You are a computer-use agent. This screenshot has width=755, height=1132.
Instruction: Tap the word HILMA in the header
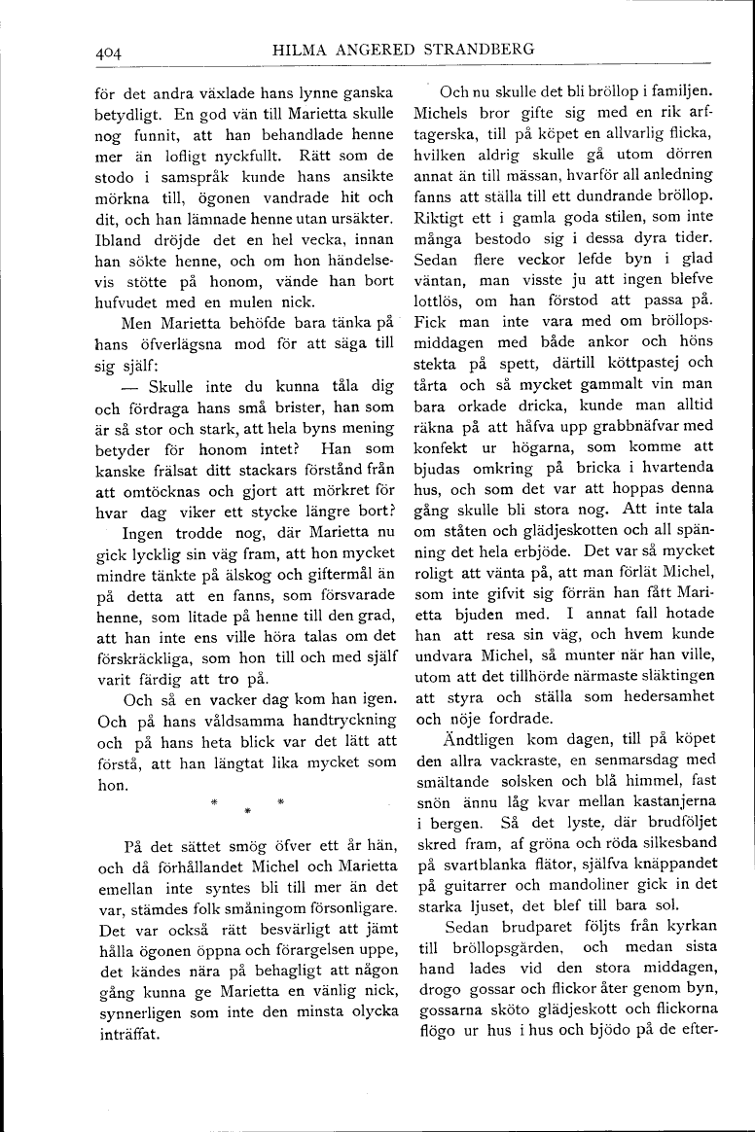tap(308, 50)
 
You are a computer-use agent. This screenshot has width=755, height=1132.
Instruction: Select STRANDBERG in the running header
tap(480, 50)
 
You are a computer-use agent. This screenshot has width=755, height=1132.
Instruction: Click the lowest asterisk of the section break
tap(247, 809)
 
